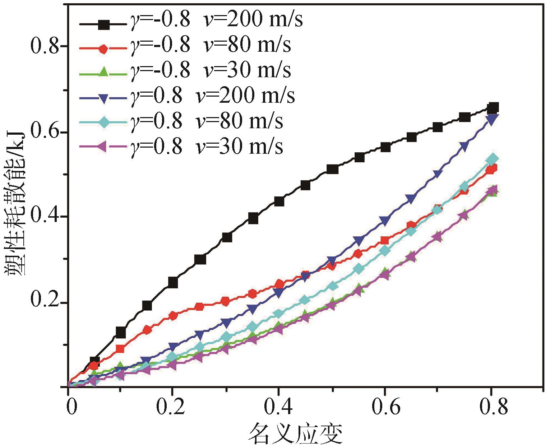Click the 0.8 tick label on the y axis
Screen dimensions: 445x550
(x=45, y=47)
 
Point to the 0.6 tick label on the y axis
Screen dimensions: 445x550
(x=45, y=132)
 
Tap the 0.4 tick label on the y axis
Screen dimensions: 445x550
(x=45, y=217)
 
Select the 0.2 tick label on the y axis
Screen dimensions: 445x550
(x=45, y=302)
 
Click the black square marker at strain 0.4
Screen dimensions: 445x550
(x=279, y=201)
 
